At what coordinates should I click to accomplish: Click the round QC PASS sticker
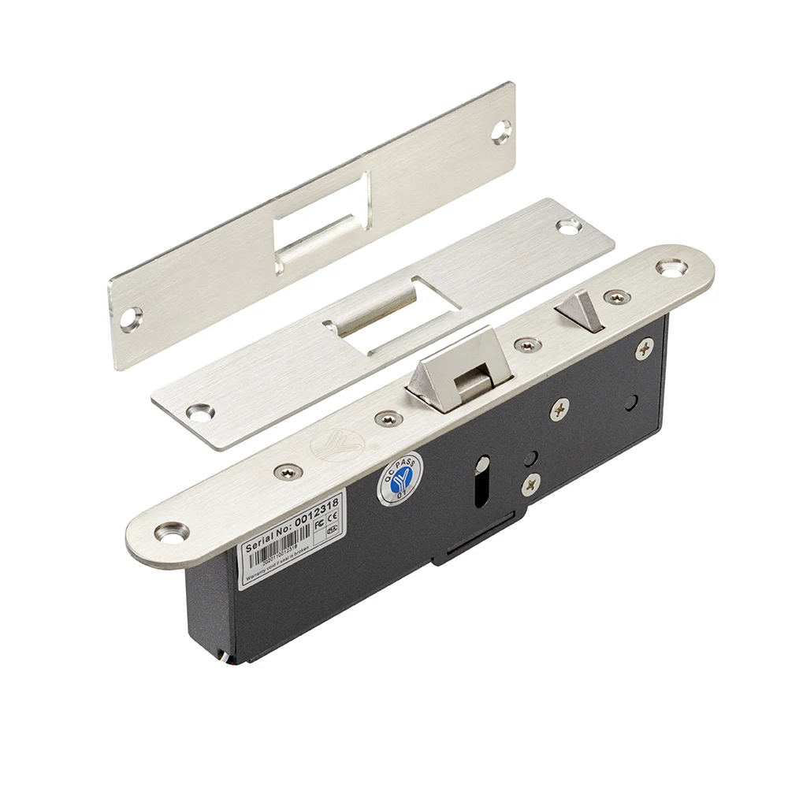[400, 479]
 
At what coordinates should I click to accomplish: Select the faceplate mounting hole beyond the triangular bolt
[671, 267]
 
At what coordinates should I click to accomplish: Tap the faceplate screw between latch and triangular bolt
[527, 345]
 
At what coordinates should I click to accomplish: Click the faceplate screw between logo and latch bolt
[388, 418]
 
